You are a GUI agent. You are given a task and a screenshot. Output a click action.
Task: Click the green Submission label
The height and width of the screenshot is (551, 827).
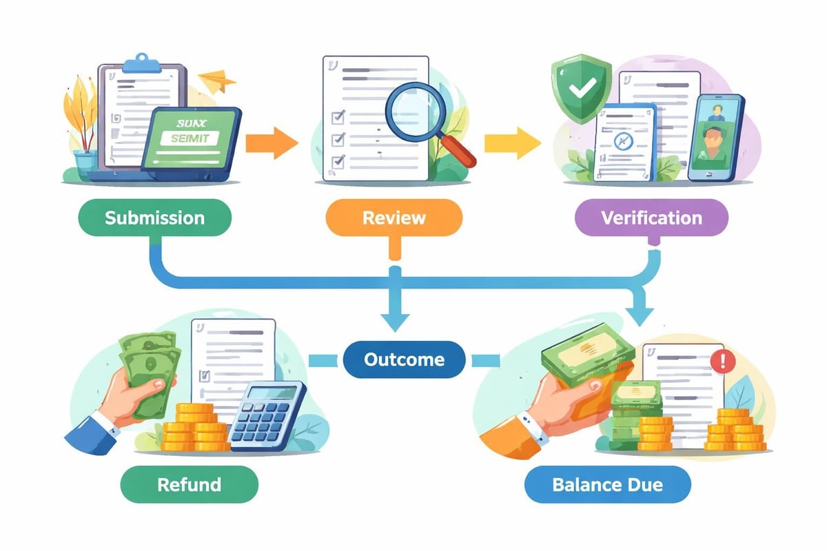click(154, 218)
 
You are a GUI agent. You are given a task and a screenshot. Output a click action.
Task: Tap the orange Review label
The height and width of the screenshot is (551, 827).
click(394, 218)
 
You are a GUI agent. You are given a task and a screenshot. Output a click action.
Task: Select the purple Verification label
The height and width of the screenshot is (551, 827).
click(651, 218)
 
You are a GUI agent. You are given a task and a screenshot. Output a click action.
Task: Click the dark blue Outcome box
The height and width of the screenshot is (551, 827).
click(404, 359)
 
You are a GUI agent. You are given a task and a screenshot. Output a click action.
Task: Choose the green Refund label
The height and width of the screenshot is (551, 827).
click(189, 484)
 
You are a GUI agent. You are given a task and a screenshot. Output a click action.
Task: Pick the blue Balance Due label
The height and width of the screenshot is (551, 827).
click(607, 484)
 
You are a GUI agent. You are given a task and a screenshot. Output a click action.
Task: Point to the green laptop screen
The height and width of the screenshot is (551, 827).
click(190, 138)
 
